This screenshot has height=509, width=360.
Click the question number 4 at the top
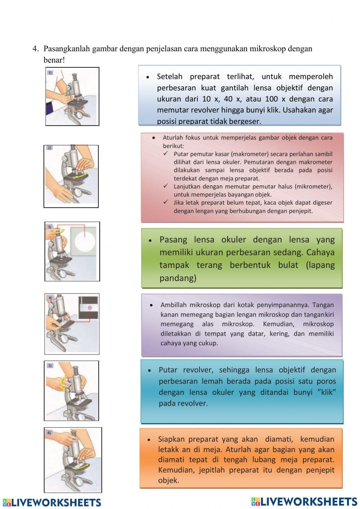pos(35,49)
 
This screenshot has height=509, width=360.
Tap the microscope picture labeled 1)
pos(72,97)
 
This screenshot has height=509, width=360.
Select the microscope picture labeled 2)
pos(71,176)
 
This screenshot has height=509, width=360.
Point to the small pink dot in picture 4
pos(89,308)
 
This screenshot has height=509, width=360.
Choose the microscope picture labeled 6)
pos(73,460)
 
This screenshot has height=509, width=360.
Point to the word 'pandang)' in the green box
pos(178,278)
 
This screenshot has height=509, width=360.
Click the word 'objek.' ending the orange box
pos(168,480)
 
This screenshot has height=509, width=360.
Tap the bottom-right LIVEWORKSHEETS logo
pos(304,501)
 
